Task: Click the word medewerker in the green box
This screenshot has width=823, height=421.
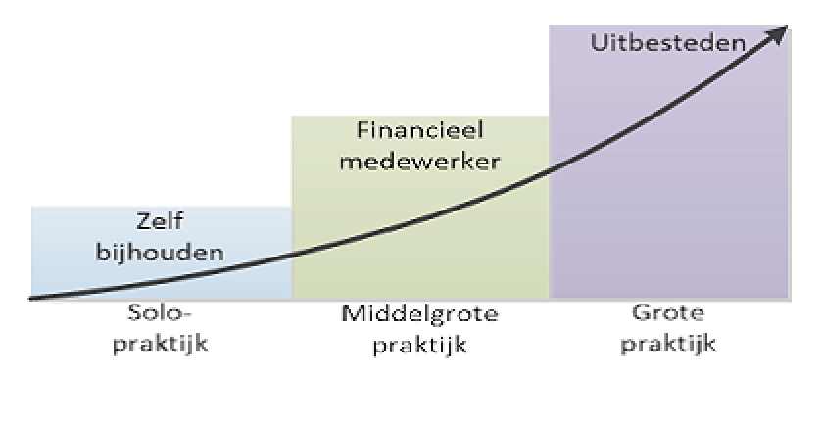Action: coord(419,161)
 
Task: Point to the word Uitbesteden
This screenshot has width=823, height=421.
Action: coord(669,44)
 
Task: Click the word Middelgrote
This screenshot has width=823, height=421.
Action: coord(419,315)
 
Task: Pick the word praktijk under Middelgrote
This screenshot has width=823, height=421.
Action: coord(419,344)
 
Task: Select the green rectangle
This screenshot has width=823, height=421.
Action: coord(421,235)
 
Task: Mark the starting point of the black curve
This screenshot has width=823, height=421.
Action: coord(33,297)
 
